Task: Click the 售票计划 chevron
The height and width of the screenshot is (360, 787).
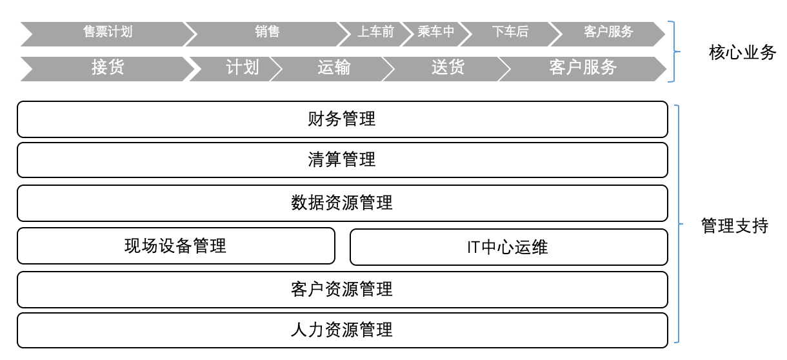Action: (x=108, y=32)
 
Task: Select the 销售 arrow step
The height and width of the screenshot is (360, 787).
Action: (x=267, y=32)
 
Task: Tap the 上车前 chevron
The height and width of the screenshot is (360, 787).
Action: (x=375, y=32)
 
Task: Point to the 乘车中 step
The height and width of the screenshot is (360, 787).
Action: (x=436, y=32)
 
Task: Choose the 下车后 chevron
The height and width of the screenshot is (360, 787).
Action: (x=510, y=32)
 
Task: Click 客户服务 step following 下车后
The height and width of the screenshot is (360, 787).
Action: (x=608, y=32)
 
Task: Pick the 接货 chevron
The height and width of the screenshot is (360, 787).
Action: (x=108, y=67)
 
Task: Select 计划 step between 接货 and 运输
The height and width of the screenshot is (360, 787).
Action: (x=242, y=67)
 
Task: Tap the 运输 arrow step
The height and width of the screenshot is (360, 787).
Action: (x=334, y=67)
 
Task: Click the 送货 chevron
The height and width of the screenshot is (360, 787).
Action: (x=448, y=67)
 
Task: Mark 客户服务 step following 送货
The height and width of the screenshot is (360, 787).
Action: (x=583, y=67)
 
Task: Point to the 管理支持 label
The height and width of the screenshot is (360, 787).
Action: (x=735, y=226)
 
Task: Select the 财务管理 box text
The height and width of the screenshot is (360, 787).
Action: (x=342, y=119)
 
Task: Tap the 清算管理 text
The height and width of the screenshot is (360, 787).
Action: (x=342, y=160)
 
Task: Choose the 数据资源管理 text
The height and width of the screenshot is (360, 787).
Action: (x=342, y=203)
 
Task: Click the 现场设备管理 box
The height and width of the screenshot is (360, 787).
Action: (x=175, y=246)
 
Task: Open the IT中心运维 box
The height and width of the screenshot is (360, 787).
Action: (x=508, y=247)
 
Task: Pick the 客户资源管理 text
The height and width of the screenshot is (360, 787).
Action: (x=342, y=289)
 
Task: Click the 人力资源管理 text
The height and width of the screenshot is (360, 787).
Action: (x=342, y=330)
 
